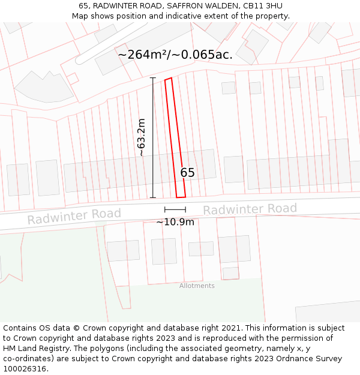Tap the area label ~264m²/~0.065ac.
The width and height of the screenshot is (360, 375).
(x=175, y=55)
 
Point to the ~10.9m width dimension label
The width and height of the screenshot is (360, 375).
(x=175, y=222)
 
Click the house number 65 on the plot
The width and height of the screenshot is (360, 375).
(x=188, y=173)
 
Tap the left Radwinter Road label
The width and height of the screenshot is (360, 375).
(x=74, y=216)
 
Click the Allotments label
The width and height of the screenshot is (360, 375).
(x=197, y=286)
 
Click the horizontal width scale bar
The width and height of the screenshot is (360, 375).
(x=175, y=209)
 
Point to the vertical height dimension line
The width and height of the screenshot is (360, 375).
(x=152, y=137)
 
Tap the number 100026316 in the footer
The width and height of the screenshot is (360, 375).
(x=24, y=368)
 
